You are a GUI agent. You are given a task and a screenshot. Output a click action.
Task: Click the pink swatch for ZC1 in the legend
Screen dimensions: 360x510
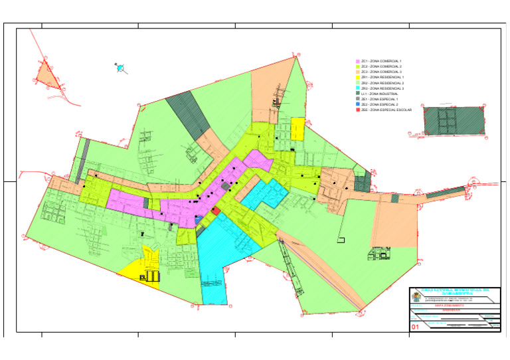coord(358,61)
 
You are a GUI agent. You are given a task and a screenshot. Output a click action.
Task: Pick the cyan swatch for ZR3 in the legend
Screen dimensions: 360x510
coord(358,88)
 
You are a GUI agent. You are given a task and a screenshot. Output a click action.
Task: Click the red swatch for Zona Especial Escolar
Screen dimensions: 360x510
coord(358,110)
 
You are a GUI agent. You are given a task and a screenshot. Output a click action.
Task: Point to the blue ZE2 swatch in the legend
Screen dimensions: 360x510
coord(358,105)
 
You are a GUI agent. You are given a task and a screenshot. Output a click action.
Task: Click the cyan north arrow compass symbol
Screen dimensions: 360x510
coord(120,68)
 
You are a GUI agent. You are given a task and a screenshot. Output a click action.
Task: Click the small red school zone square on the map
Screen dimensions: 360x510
coord(216,211)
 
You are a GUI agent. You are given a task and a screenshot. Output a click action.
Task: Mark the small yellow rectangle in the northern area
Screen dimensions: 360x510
coord(297,130)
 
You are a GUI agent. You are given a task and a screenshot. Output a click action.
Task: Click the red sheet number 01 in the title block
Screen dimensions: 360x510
coord(416,327)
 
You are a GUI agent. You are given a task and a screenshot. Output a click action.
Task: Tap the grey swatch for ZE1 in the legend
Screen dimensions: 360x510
coord(358,100)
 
